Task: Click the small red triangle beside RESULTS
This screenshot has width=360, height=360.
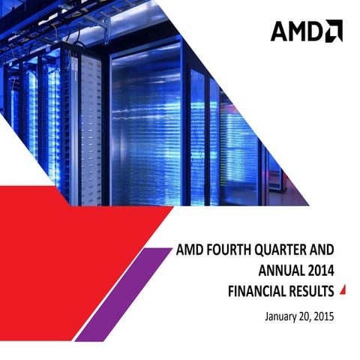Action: pos(343,289)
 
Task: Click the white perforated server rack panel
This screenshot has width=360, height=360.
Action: pos(91,127)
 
